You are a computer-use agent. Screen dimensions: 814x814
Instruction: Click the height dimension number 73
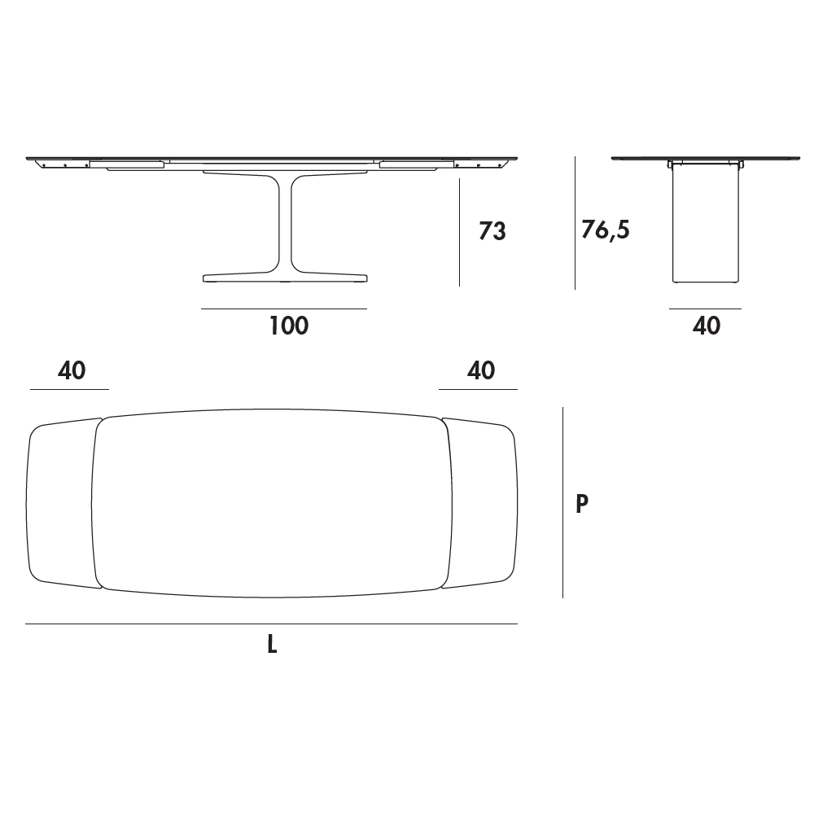tap(492, 231)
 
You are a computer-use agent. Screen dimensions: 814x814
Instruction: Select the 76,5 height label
tap(606, 230)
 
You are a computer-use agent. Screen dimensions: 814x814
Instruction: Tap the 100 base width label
tap(289, 326)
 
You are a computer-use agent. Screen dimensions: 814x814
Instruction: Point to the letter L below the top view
tap(272, 644)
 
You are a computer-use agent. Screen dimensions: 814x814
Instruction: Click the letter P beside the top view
tap(582, 503)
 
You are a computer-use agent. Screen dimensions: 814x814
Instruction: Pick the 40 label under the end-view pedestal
tap(706, 326)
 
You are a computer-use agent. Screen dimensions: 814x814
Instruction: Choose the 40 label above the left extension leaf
tap(72, 370)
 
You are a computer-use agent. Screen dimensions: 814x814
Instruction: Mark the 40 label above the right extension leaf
tap(481, 370)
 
